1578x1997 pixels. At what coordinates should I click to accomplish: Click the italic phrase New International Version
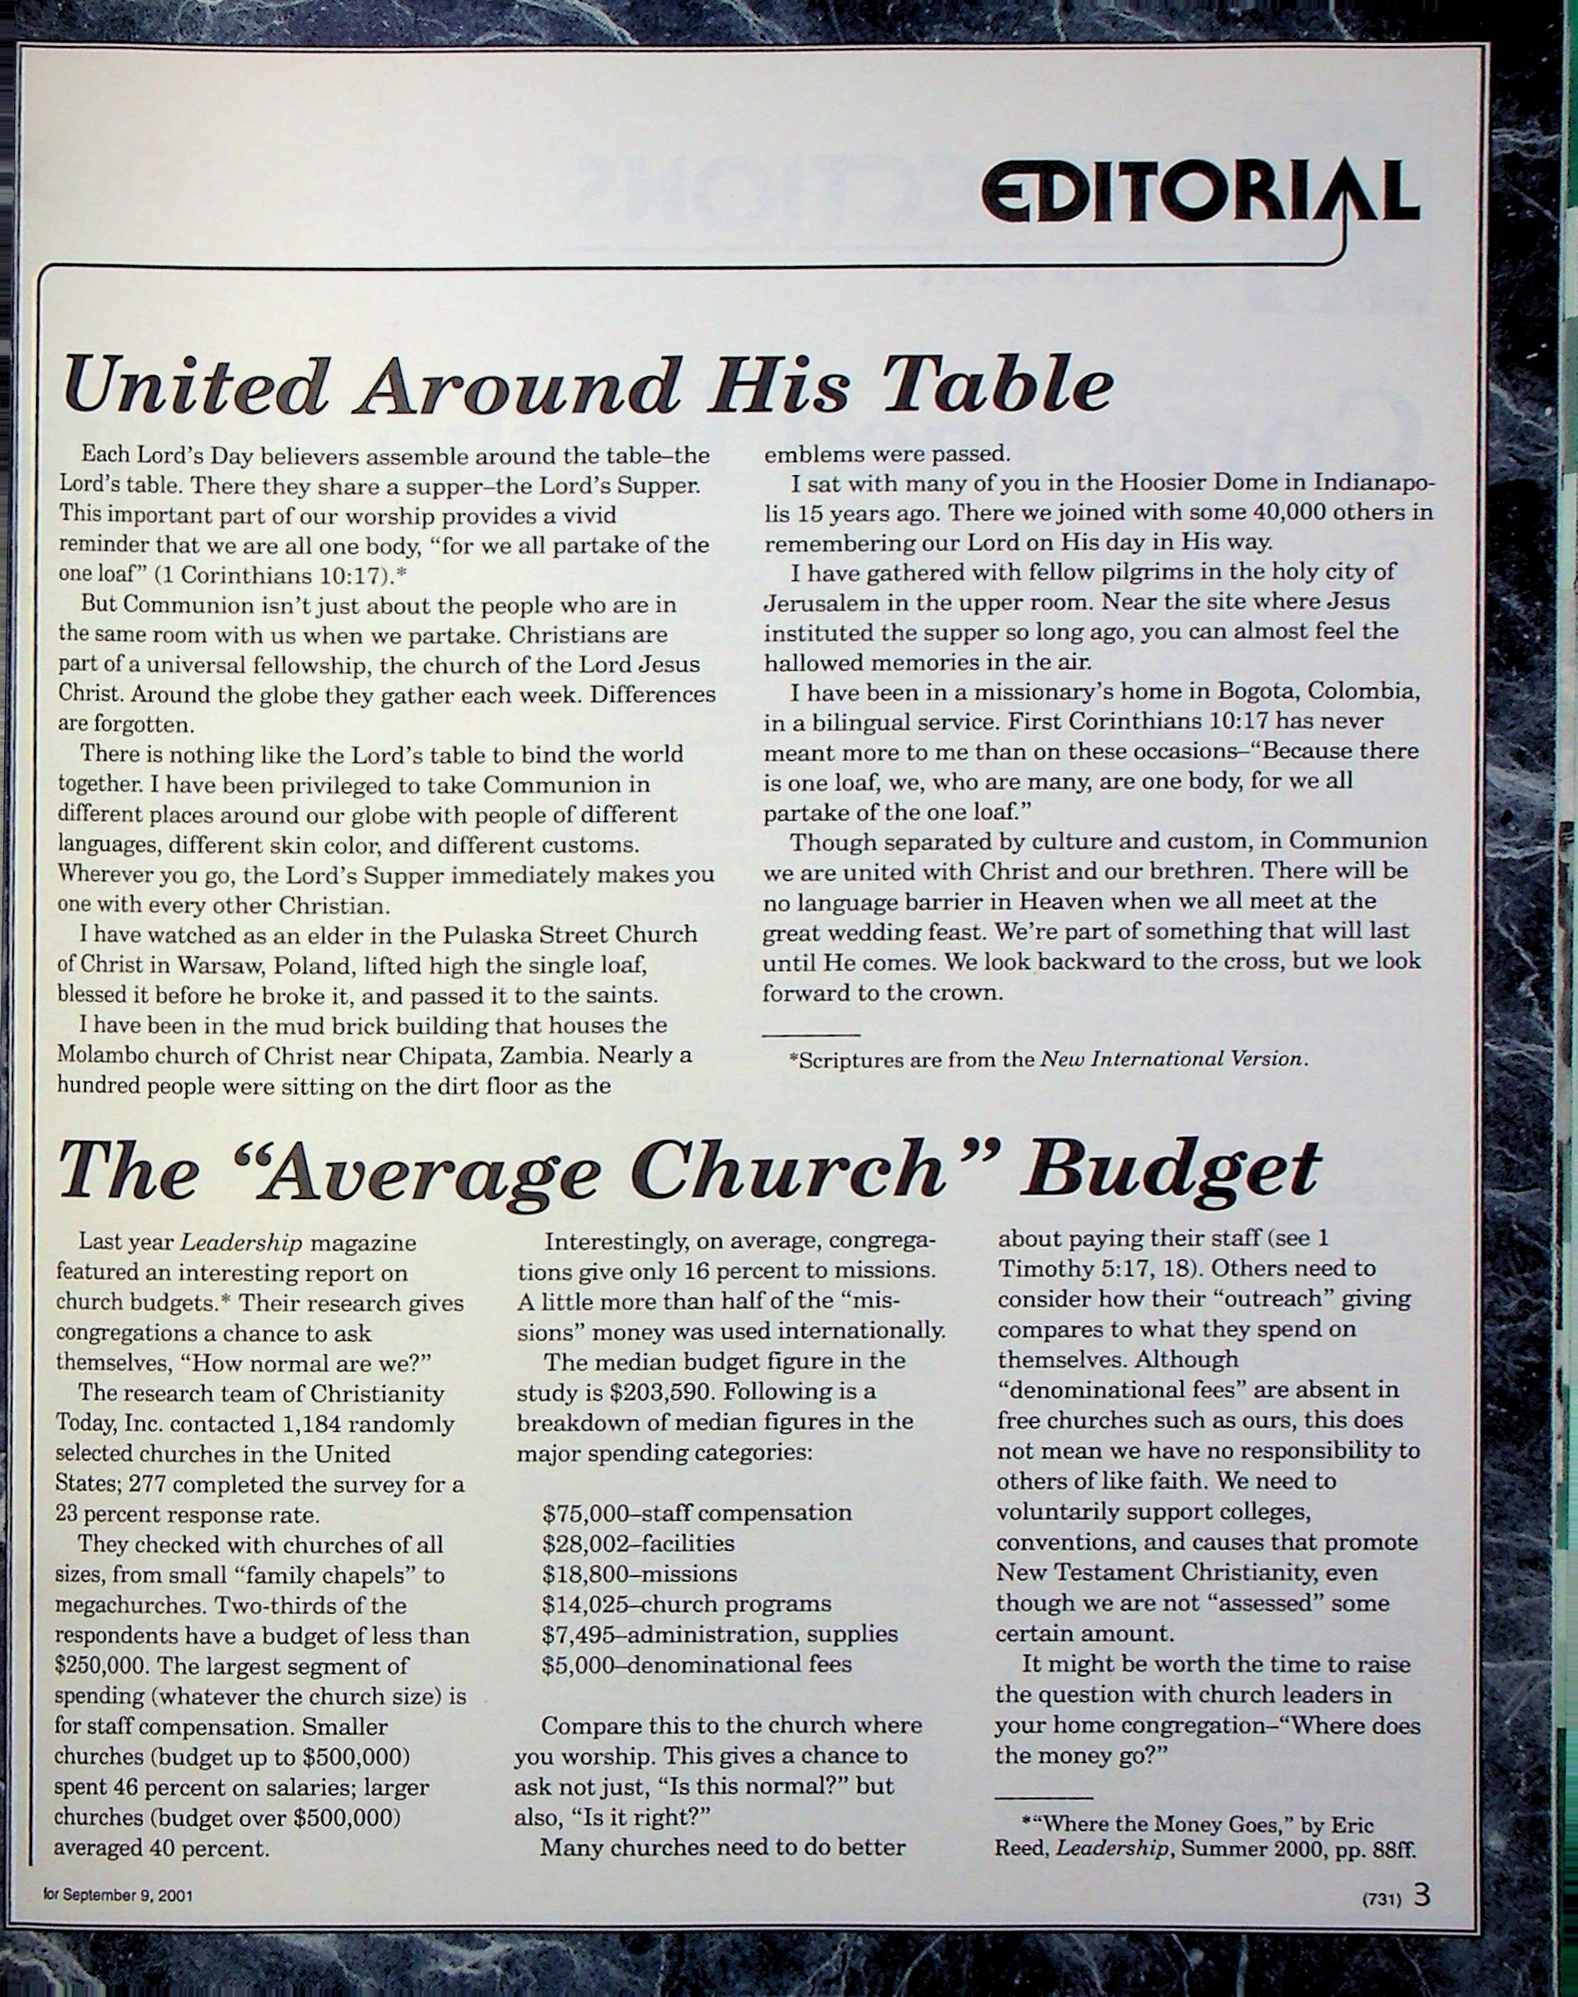pyautogui.click(x=1172, y=1059)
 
